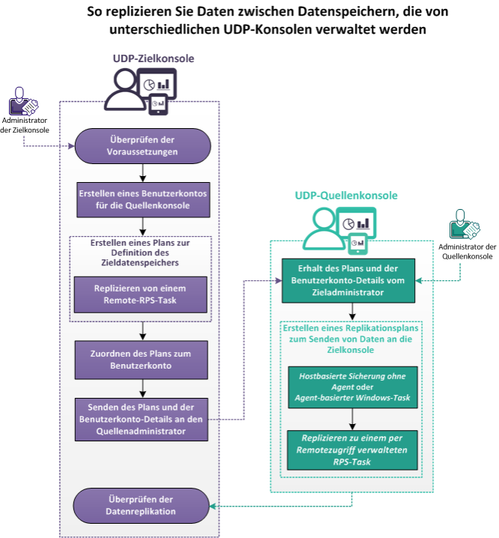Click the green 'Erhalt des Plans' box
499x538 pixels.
pyautogui.click(x=350, y=280)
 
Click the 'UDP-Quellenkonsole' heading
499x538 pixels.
pyautogui.click(x=346, y=196)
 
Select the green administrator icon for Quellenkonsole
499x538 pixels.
pyautogui.click(x=465, y=225)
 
